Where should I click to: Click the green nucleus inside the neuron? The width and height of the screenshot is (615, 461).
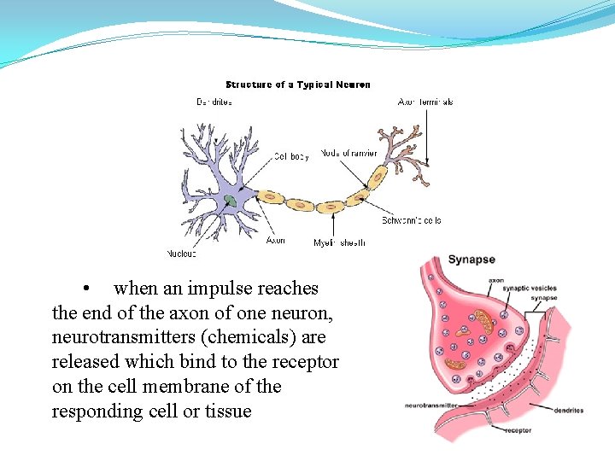[231, 201]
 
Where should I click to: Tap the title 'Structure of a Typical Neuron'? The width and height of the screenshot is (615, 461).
[297, 85]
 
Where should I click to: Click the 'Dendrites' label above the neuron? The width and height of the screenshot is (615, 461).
[214, 102]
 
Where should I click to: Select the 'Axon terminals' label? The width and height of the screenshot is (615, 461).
[425, 102]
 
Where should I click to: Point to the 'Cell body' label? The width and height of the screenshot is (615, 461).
[292, 156]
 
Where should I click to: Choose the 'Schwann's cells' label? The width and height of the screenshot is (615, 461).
[412, 220]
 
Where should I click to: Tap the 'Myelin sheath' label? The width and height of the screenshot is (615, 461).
[339, 242]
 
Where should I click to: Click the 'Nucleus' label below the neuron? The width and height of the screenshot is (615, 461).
[181, 254]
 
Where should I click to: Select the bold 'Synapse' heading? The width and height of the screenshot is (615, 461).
[471, 260]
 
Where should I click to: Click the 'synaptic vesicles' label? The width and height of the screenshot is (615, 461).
[529, 289]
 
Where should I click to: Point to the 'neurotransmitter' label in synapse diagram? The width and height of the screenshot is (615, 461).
[430, 405]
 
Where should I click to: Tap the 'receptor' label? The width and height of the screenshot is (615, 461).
[518, 429]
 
